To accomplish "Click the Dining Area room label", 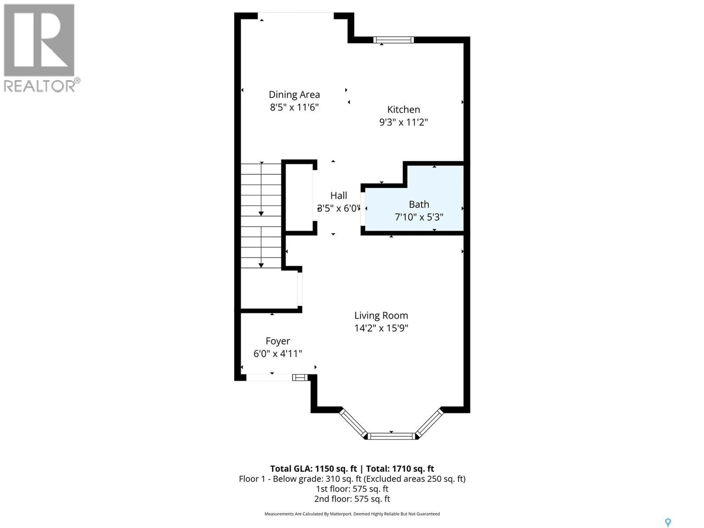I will (294, 95).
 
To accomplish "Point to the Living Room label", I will (381, 315).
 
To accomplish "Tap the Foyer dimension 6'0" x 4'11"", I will (278, 354).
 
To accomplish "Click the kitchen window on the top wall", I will (393, 40).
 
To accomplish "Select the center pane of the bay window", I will (391, 436).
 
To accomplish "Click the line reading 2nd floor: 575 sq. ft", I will (352, 499).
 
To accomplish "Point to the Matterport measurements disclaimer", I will (352, 514).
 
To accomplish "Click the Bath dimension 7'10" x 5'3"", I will (419, 217).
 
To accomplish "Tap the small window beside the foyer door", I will (300, 377).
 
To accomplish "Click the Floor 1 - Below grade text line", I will (352, 479).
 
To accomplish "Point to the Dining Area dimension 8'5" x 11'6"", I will (294, 107).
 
